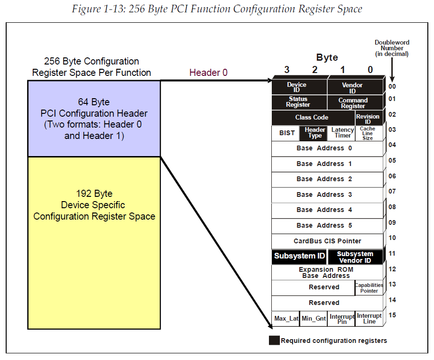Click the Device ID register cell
point(297,87)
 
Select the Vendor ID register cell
point(353,88)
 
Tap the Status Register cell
point(298,102)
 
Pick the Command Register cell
point(353,103)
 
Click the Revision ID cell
point(368,119)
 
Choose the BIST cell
point(286,133)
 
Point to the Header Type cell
point(314,133)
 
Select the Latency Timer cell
point(342,133)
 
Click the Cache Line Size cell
point(368,133)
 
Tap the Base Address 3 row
point(324,194)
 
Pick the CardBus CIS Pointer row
point(327,241)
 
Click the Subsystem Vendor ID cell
point(355,257)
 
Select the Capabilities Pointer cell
point(369,288)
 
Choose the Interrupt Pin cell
point(342,319)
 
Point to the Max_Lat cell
point(286,318)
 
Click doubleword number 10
point(392,238)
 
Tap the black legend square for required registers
point(274,341)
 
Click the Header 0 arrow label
point(208,73)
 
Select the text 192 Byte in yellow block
point(94,194)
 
